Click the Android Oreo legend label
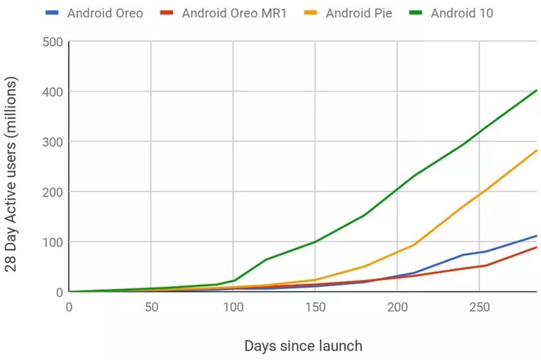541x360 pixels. [105, 14]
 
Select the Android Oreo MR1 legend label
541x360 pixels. [234, 14]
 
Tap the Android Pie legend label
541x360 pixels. [358, 14]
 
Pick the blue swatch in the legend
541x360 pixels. [51, 14]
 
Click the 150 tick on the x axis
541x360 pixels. [315, 305]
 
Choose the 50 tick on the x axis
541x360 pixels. [151, 305]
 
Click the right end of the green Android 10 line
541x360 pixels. [536, 90]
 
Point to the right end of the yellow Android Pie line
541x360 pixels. [536, 150]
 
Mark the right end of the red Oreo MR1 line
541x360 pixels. [536, 247]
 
